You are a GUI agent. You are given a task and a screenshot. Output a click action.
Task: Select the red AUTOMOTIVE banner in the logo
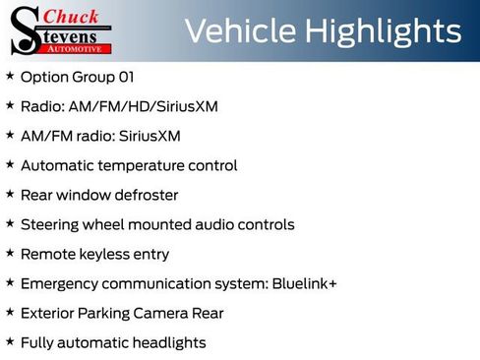click(x=78, y=48)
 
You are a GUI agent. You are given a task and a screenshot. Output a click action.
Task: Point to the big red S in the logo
click(x=24, y=30)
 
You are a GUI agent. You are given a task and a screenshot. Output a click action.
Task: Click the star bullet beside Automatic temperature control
click(x=10, y=164)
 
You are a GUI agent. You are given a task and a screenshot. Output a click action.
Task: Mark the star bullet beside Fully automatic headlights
click(x=10, y=341)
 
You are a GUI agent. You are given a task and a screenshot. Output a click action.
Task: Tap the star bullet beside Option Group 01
click(x=10, y=76)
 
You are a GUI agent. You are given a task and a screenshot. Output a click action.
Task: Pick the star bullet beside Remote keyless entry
click(x=10, y=253)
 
